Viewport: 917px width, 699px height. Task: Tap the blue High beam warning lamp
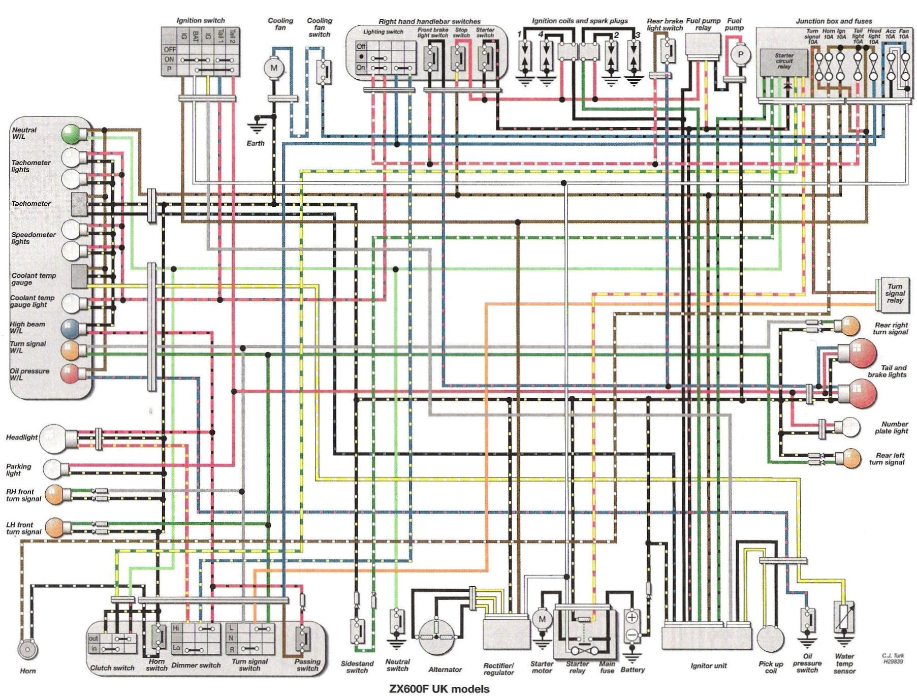(x=71, y=329)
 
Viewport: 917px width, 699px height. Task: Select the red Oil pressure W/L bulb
(x=70, y=373)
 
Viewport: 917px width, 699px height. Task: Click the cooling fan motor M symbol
(x=274, y=68)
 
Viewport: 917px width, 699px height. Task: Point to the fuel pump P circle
(x=740, y=55)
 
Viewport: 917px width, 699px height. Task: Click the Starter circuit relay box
(x=783, y=62)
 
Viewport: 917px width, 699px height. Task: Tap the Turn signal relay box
(x=894, y=294)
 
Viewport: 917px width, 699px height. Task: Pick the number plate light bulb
(x=850, y=427)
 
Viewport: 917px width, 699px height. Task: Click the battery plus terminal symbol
(x=631, y=617)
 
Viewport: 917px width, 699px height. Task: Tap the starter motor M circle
(x=542, y=619)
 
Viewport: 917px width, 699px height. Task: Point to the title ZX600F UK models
(x=439, y=689)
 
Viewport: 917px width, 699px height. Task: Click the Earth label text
(x=255, y=143)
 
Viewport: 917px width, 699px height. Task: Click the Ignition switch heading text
(x=200, y=20)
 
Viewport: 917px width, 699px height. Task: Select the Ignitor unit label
(x=708, y=665)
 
